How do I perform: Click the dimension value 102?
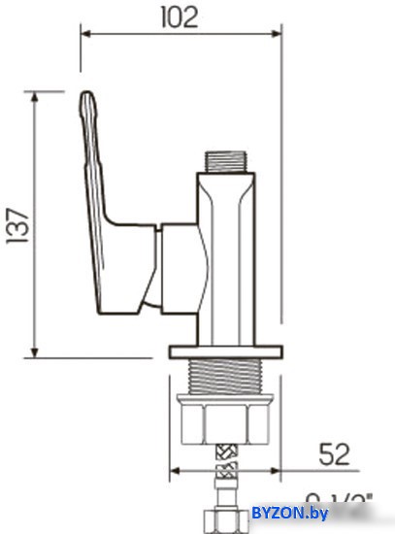[181, 17]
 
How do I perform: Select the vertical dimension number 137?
[17, 224]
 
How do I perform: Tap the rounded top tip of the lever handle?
[87, 98]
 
